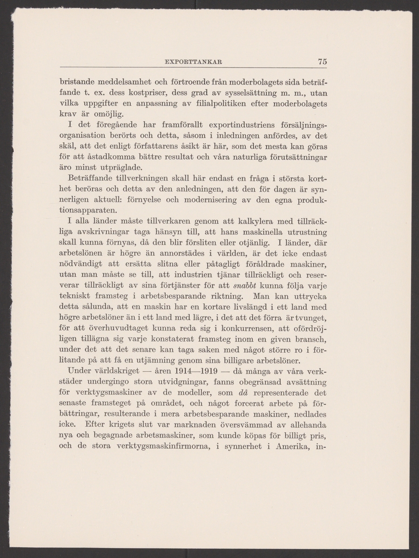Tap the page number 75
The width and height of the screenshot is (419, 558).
tap(323, 61)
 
